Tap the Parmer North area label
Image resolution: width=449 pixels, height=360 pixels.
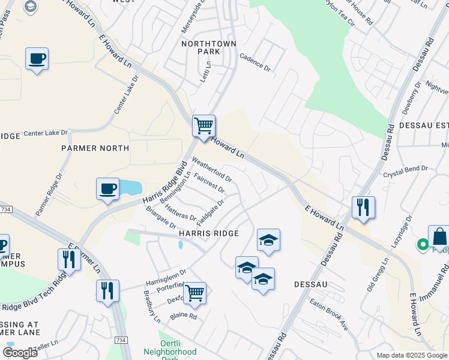pyautogui.click(x=95, y=148)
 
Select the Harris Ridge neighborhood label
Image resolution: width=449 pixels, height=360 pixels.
pyautogui.click(x=208, y=233)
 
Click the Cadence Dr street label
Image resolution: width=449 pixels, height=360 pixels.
pyautogui.click(x=255, y=62)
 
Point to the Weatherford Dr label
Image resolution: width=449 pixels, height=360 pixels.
pyautogui.click(x=211, y=169)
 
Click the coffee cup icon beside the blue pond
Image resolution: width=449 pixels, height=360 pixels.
pyautogui.click(x=107, y=189)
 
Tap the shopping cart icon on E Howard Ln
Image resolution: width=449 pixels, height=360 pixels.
pyautogui.click(x=203, y=126)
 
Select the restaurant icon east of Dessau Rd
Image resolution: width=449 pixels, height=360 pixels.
pyautogui.click(x=363, y=207)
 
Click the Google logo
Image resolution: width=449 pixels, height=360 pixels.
pyautogui.click(x=20, y=352)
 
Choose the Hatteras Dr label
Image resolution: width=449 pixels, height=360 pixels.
pyautogui.click(x=180, y=212)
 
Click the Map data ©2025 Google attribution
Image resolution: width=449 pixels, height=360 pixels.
pyautogui.click(x=412, y=355)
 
